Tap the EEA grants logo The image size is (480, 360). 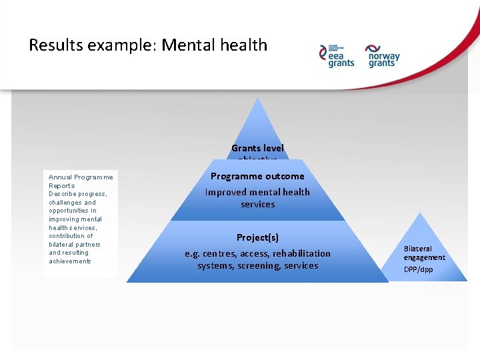[x=337, y=56]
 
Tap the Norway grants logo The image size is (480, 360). [x=382, y=56]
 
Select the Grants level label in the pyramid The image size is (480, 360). [x=257, y=149]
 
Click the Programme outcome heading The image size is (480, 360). [x=257, y=177]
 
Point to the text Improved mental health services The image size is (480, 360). [x=257, y=198]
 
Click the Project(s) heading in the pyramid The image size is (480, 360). [x=257, y=237]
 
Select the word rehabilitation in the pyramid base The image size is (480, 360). [x=301, y=253]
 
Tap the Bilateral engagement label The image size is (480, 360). [x=424, y=253]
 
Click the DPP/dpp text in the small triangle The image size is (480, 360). [x=418, y=269]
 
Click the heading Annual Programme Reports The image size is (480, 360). [x=81, y=181]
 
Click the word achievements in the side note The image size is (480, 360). [x=69, y=261]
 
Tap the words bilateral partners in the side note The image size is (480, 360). [x=74, y=244]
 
